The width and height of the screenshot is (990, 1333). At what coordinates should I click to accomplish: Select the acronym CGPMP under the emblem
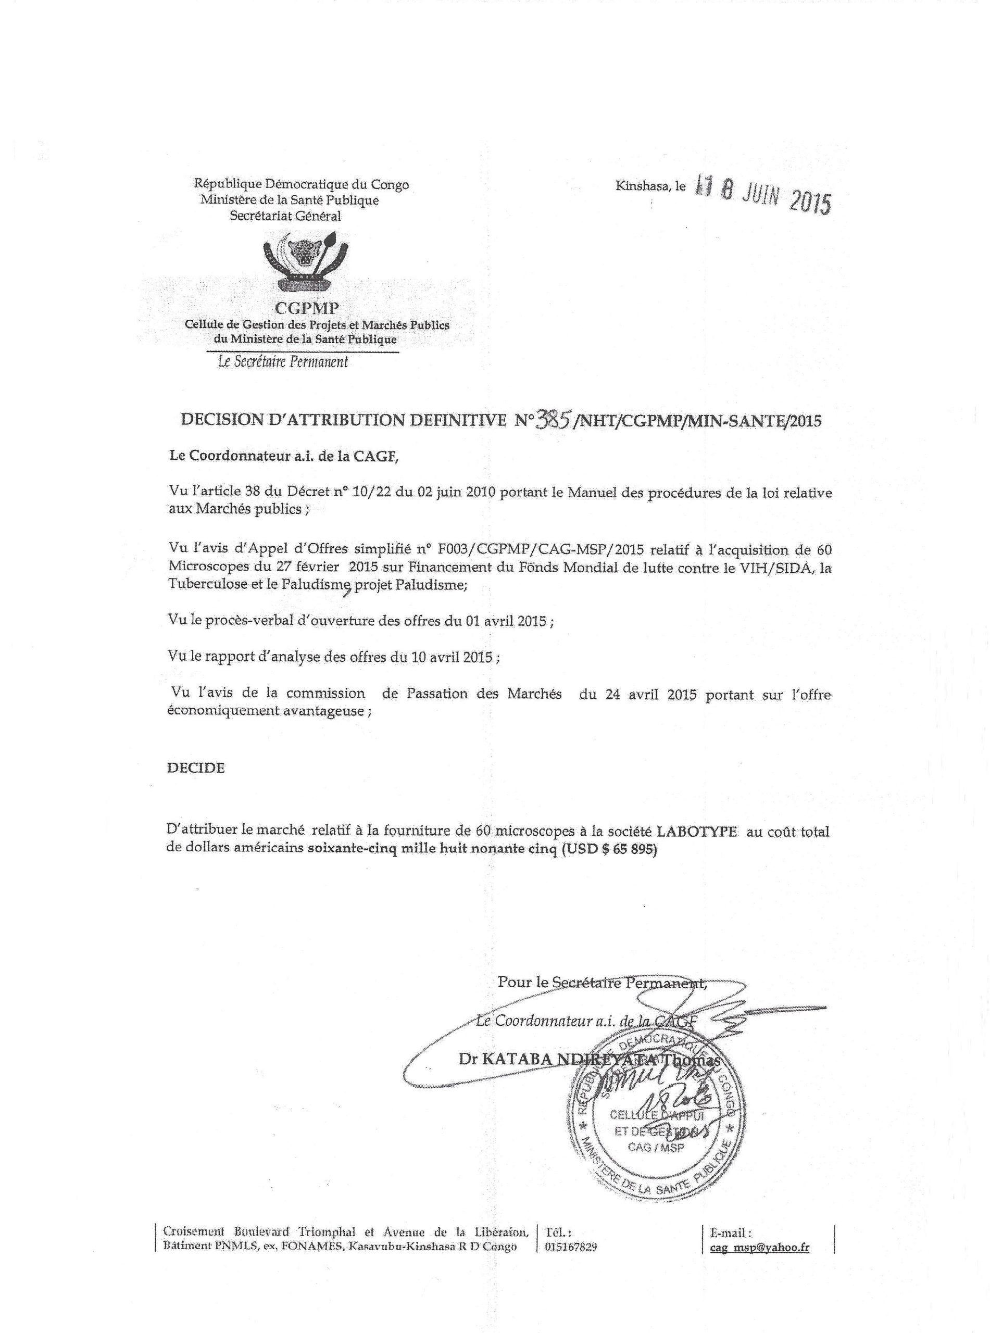point(307,309)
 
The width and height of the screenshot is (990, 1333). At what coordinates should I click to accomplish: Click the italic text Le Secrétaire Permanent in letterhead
point(283,362)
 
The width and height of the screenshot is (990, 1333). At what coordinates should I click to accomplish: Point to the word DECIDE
point(196,768)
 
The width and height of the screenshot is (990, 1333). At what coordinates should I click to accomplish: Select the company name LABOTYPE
point(697,833)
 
